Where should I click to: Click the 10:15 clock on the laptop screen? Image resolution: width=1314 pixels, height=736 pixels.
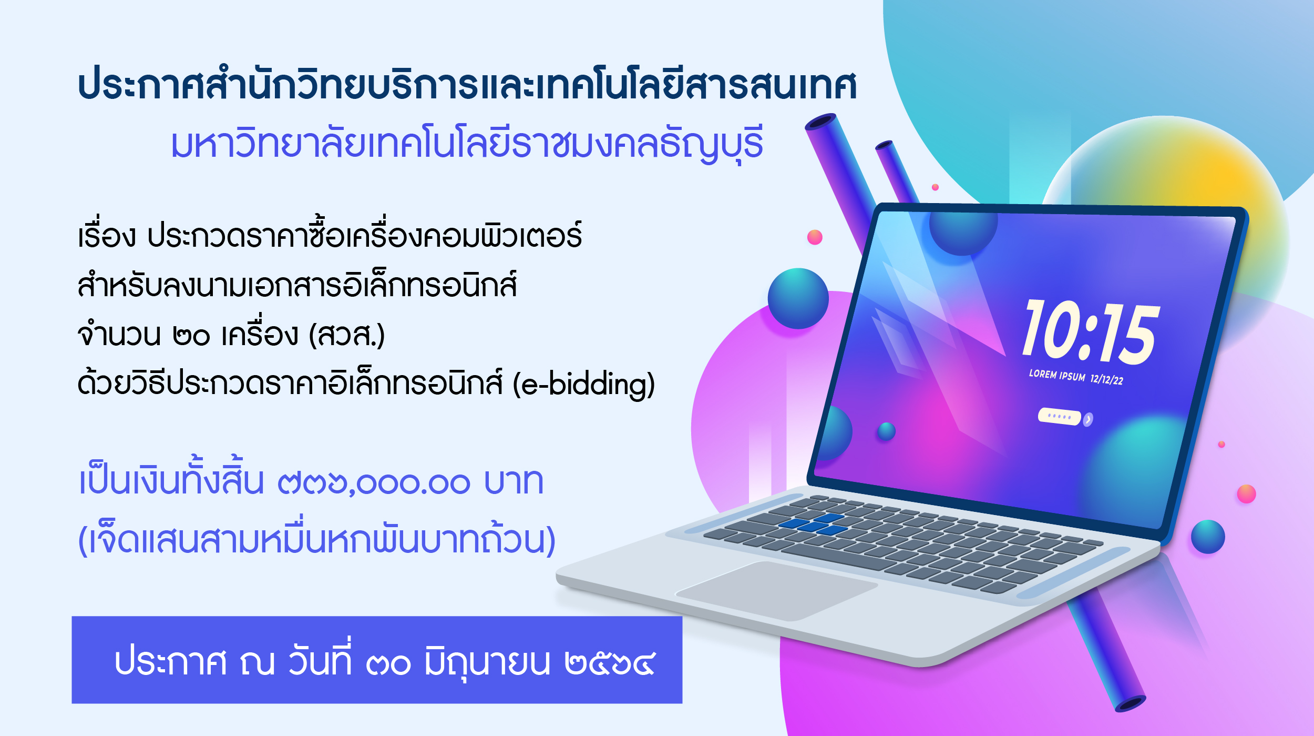(x=1091, y=332)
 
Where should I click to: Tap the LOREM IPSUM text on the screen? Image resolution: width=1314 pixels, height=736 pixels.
(x=1056, y=375)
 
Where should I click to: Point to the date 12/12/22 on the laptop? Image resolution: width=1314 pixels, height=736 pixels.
(x=1106, y=379)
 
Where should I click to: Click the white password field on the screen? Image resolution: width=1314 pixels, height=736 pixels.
(x=1059, y=417)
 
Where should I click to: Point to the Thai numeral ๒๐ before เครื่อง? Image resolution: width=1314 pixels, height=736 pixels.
(x=191, y=336)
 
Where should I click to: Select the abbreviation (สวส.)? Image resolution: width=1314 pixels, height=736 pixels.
(x=347, y=335)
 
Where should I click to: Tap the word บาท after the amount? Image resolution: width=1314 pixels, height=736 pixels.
(x=514, y=481)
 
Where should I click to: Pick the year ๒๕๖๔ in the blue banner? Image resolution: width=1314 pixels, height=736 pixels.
(x=610, y=663)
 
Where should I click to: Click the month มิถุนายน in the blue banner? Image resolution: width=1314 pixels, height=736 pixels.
(x=487, y=662)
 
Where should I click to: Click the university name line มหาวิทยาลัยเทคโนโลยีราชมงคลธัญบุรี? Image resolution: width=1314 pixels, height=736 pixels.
(x=467, y=143)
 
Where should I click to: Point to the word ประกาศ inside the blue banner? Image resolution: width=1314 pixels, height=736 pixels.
(x=171, y=662)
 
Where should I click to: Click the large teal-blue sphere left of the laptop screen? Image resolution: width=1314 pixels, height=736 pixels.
(x=798, y=298)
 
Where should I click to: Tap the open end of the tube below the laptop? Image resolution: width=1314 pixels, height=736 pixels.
(x=1130, y=704)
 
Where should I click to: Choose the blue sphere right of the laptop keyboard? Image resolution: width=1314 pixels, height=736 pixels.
(x=1208, y=537)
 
